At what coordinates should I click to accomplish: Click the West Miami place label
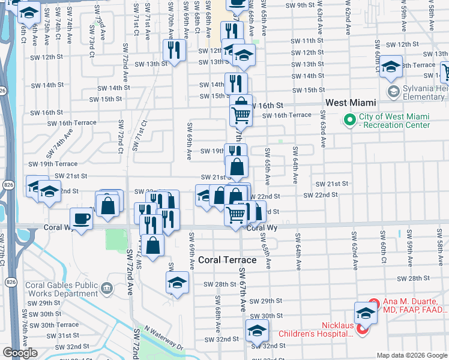click(351, 103)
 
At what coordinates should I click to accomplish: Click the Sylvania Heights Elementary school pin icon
click(393, 92)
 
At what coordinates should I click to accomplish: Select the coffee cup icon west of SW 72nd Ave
click(81, 218)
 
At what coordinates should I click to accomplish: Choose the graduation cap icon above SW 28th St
click(177, 282)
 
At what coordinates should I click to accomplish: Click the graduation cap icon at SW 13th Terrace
click(391, 67)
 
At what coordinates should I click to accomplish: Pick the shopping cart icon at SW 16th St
click(241, 114)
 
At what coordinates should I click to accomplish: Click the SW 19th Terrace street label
click(53, 163)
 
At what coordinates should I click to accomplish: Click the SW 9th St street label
click(301, 5)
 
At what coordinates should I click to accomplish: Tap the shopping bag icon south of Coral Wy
click(154, 245)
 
